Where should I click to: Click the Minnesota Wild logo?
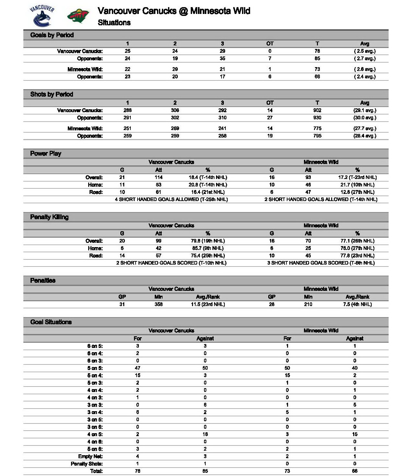point(78,16)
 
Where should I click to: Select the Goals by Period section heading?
point(52,35)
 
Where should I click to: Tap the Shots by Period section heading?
point(52,94)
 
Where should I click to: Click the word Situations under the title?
point(114,23)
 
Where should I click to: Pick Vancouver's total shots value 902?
point(317,110)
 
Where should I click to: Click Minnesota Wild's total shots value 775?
point(317,128)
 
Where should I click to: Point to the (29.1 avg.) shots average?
point(365,110)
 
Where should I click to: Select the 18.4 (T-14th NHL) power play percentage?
point(208,177)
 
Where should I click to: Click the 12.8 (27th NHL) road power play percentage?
point(357,192)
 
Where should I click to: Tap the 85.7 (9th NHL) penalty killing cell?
point(208,248)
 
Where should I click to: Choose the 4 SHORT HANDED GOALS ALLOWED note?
point(171,199)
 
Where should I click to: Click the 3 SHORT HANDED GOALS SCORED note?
point(321,263)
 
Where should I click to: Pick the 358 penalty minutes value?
point(158,304)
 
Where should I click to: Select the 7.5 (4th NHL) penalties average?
point(357,304)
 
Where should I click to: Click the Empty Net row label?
point(90,456)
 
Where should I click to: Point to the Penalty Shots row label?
point(87,464)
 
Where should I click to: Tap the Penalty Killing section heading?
point(49,217)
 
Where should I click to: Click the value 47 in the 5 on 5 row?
point(138,368)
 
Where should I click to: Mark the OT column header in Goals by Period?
point(270,43)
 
